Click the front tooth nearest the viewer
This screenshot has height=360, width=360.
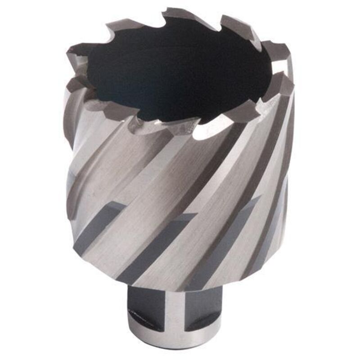click(x=180, y=126)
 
